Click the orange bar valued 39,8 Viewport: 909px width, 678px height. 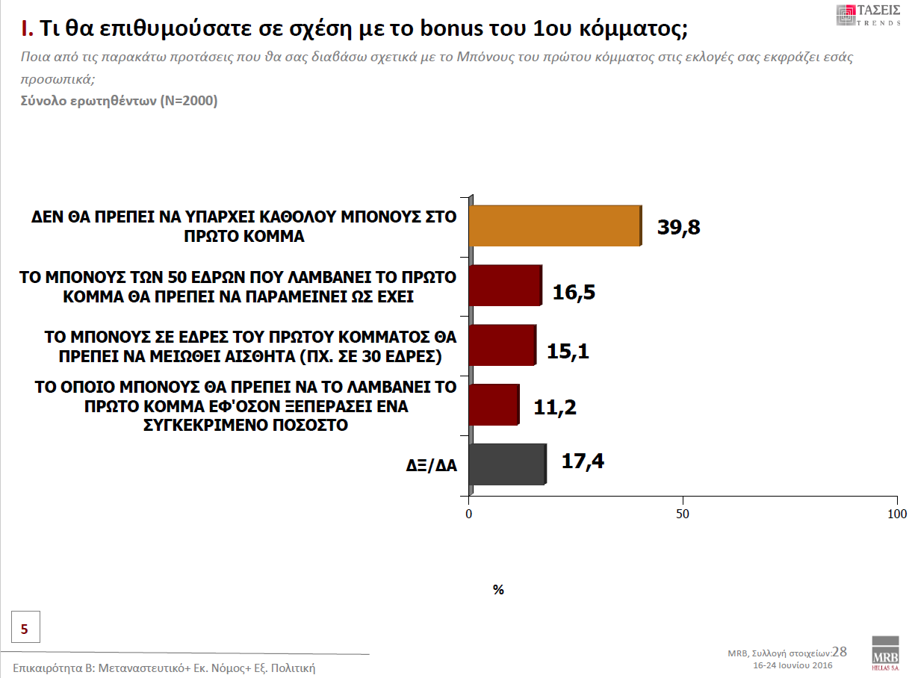(554, 225)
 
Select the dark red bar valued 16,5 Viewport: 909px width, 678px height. (505, 284)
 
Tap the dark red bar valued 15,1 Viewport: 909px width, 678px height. (502, 345)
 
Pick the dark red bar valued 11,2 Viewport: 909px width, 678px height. (493, 405)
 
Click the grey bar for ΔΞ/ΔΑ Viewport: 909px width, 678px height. (507, 464)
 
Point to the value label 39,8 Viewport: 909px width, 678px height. (678, 227)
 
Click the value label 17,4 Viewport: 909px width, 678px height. (582, 461)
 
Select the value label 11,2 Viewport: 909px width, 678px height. (555, 408)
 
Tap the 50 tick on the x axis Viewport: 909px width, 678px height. (682, 514)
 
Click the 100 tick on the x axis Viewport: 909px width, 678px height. (896, 514)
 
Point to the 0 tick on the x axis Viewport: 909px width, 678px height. (469, 514)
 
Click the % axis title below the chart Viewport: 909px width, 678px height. (498, 590)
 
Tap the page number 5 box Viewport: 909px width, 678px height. (25, 629)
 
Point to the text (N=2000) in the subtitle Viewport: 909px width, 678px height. (189, 101)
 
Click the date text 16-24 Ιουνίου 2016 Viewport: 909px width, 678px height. (792, 665)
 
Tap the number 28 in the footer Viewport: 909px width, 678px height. (840, 651)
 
